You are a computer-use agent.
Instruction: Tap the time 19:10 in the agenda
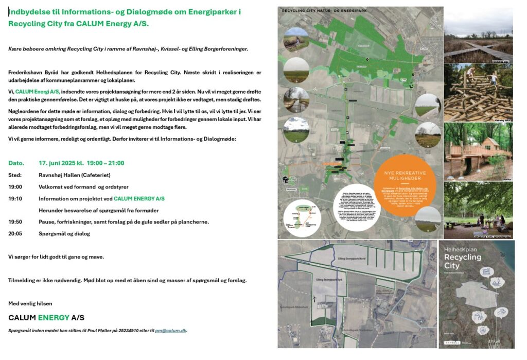[x=15, y=198]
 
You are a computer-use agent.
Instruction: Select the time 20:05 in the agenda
[x=15, y=234]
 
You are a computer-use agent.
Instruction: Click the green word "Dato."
[x=16, y=163]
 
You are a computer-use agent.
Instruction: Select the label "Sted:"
[x=15, y=175]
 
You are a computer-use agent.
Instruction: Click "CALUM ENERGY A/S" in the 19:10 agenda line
[x=139, y=198]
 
